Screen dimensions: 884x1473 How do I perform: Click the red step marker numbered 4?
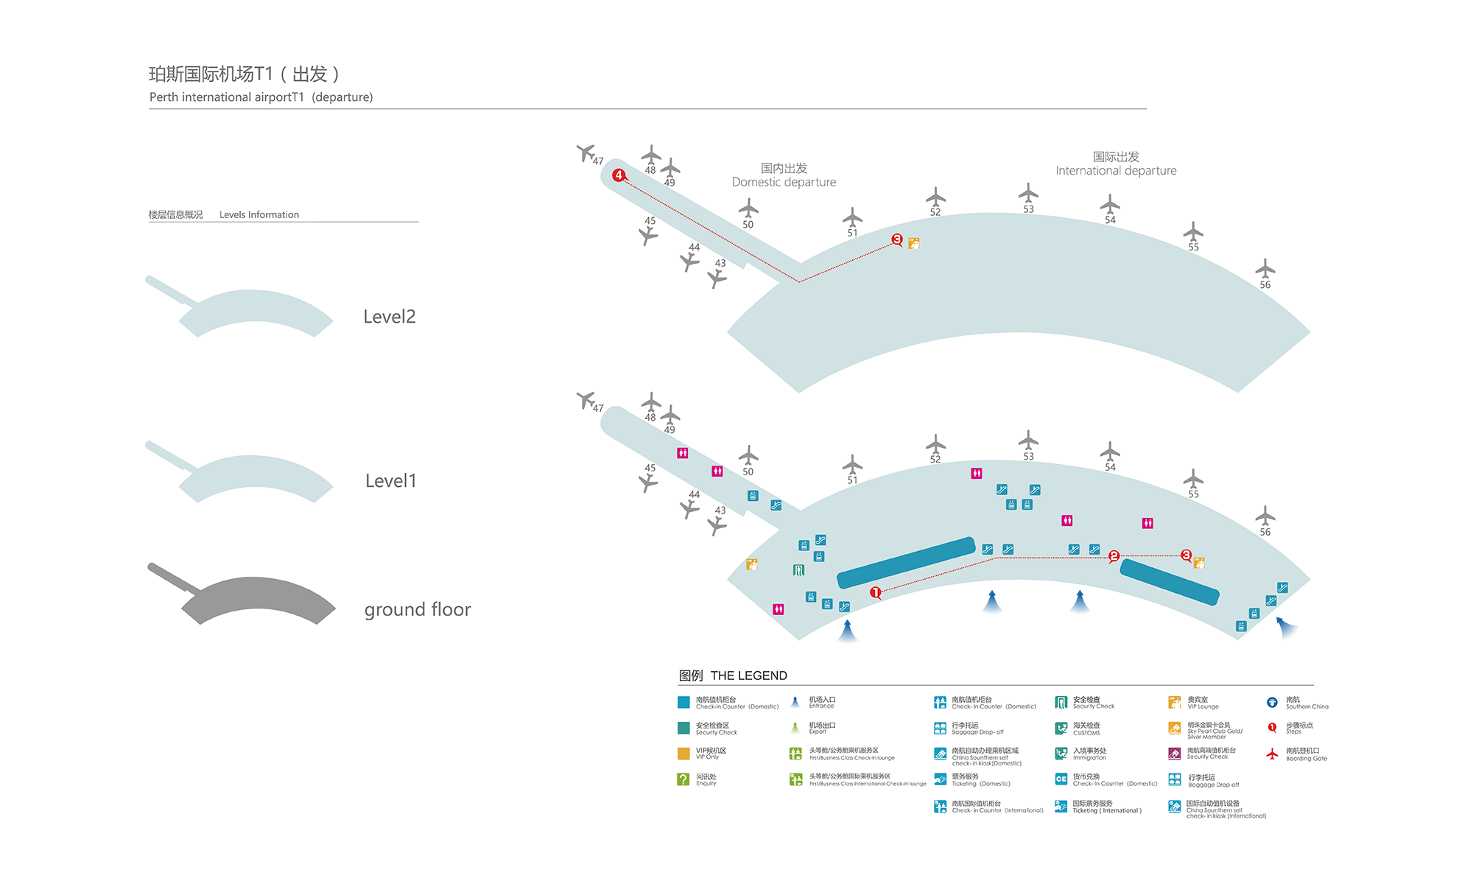click(619, 175)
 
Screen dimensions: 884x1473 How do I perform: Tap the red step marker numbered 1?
click(875, 592)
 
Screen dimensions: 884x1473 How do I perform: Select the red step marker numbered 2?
click(1114, 556)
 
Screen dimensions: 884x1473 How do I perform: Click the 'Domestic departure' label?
click(784, 182)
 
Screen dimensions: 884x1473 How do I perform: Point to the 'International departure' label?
click(1116, 171)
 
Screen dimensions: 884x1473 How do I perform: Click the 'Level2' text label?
click(390, 317)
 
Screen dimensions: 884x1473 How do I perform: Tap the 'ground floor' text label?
click(418, 610)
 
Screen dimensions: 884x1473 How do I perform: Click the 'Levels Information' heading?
click(259, 215)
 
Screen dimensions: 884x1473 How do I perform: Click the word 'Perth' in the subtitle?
click(164, 97)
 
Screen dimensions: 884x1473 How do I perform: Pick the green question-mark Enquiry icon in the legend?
click(683, 779)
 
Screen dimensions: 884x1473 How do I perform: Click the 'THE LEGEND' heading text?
click(748, 676)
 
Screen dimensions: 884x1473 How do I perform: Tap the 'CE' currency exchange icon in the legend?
click(1061, 779)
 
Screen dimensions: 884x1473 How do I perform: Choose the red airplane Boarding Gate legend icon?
click(1272, 754)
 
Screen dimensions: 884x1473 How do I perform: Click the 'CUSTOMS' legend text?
click(1086, 733)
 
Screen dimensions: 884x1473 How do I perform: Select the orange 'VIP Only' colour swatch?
click(683, 754)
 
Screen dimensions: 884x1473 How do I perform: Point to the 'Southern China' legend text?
click(1307, 706)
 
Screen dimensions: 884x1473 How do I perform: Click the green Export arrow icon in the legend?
click(795, 728)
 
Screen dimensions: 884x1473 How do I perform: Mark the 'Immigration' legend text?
click(1089, 758)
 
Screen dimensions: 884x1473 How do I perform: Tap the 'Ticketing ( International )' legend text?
click(1107, 811)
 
